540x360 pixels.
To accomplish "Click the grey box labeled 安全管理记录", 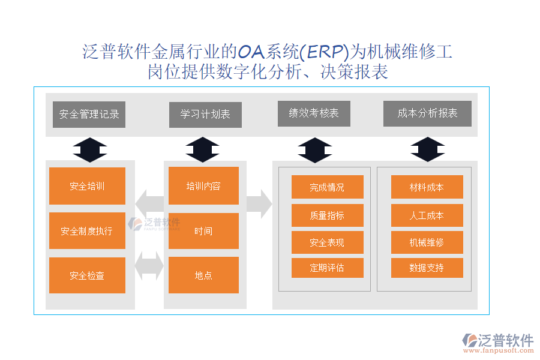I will [89, 114].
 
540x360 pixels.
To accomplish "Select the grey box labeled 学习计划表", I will [205, 114].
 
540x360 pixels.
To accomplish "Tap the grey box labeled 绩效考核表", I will [314, 113].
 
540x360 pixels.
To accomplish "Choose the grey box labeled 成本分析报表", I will [427, 113].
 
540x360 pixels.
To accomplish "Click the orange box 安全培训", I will [87, 186].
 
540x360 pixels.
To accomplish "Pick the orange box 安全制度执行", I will [87, 230].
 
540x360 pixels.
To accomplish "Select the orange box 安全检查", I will [87, 275].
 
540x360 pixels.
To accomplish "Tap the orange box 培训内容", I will [203, 186].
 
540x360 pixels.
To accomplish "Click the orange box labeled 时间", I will [203, 230].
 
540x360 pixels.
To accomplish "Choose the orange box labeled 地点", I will [203, 275].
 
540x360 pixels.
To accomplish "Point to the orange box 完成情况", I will [327, 187].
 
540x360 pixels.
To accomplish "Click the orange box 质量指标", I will [327, 215].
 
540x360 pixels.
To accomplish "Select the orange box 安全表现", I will [327, 243].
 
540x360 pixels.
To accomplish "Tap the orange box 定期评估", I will [327, 268].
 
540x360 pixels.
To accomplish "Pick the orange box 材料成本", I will [427, 187].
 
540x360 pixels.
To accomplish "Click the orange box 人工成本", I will [427, 215].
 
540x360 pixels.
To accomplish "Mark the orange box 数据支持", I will [427, 268].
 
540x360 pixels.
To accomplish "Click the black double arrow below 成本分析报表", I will [427, 149].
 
